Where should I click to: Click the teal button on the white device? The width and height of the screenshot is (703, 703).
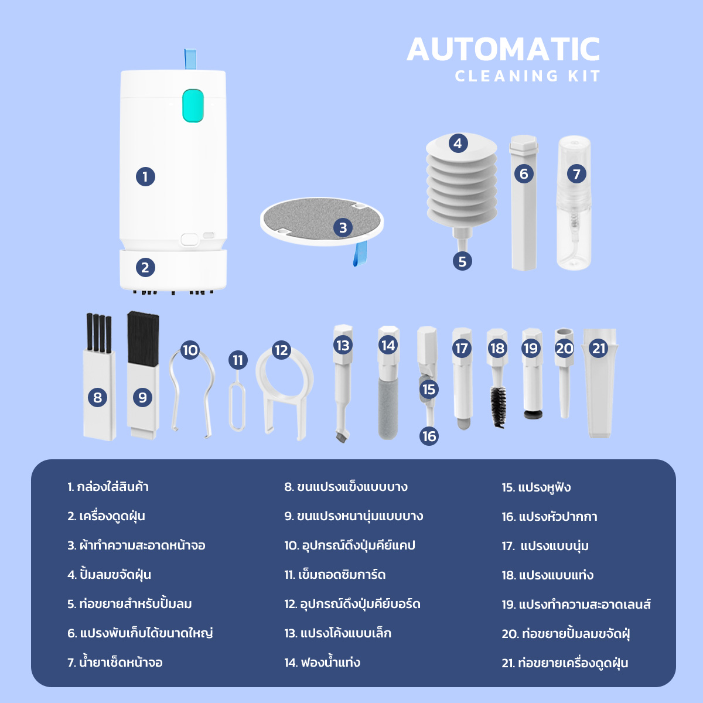193,105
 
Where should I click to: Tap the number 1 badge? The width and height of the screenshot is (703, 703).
145,177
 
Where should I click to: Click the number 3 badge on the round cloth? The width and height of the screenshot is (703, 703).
343,228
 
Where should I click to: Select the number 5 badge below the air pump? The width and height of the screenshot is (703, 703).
462,261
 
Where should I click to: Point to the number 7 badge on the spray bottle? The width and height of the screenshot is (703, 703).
576,174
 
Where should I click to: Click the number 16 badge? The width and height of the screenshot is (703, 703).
429,436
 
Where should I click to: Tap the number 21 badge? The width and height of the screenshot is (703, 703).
599,349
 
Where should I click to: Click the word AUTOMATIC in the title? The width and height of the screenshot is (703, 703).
503,49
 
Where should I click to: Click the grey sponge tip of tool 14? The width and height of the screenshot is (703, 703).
388,408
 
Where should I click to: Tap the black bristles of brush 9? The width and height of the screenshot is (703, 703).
143,338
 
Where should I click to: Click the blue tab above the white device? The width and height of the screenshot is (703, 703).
190,59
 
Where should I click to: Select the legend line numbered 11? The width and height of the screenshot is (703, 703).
335,575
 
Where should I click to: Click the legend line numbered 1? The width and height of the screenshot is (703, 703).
108,487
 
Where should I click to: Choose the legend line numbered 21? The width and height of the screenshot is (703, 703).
565,663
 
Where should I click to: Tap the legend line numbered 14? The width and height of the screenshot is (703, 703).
322,662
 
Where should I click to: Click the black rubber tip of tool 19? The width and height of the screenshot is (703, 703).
533,414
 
